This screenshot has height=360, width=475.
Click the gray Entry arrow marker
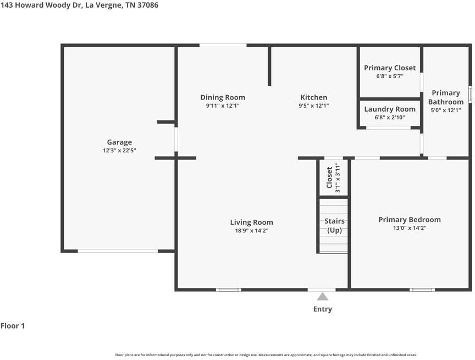click(322, 296)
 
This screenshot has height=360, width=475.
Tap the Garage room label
click(119, 142)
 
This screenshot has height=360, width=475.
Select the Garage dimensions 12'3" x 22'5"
click(119, 151)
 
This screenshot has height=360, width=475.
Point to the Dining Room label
click(223, 97)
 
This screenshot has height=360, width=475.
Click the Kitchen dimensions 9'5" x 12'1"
click(313, 106)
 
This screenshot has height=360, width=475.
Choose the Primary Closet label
click(390, 68)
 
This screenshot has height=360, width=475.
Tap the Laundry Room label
click(390, 109)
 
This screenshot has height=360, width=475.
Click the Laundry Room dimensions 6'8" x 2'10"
click(390, 118)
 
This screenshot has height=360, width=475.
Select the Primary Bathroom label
click(446, 97)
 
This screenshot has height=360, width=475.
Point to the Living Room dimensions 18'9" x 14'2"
click(252, 231)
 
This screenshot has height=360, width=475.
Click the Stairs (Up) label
click(334, 225)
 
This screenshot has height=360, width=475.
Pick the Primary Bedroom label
click(410, 220)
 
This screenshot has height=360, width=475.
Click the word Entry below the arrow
click(323, 309)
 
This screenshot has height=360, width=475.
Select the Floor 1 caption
click(13, 326)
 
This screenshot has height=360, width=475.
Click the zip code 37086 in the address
click(147, 5)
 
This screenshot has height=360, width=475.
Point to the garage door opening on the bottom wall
click(118, 251)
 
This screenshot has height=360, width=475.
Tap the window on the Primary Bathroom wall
click(470, 94)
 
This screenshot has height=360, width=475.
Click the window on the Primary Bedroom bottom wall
click(422, 290)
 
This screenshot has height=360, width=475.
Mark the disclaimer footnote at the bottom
click(266, 355)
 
